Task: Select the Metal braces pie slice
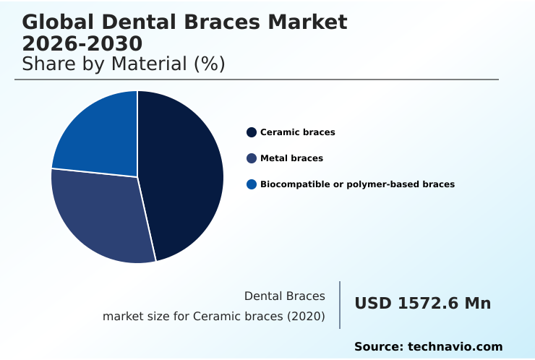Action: coord(101,217)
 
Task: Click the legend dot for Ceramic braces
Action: coord(252,132)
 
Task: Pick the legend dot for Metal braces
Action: coord(252,158)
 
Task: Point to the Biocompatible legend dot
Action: coord(252,184)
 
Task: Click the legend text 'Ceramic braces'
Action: coord(297,132)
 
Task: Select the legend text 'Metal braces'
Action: coord(291,158)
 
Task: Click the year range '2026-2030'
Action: coord(82,43)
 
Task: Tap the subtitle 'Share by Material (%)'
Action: coord(124,64)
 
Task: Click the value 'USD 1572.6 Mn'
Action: coord(422,304)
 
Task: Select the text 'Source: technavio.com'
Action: coord(428,347)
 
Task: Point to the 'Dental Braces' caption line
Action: coord(285,296)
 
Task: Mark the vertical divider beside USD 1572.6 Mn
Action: coord(340,305)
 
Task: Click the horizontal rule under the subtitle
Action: coord(257,80)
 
